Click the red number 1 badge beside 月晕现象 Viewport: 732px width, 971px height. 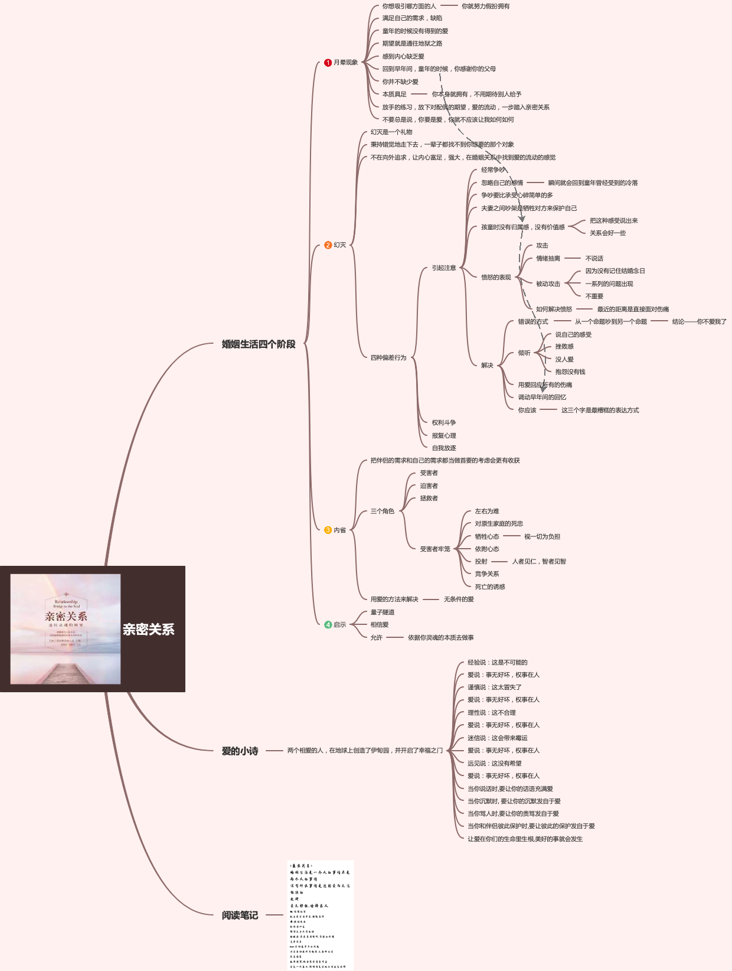pyautogui.click(x=328, y=63)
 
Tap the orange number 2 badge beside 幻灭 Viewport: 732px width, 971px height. pyautogui.click(x=328, y=245)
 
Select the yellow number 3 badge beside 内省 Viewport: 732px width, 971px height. pyautogui.click(x=328, y=530)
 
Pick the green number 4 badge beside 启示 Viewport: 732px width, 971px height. pyautogui.click(x=328, y=625)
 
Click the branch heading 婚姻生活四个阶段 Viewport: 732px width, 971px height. pyautogui.click(x=259, y=344)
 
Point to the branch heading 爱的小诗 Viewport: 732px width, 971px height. pyautogui.click(x=240, y=751)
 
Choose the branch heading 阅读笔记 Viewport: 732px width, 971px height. pyautogui.click(x=240, y=915)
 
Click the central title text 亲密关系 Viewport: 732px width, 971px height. pyautogui.click(x=148, y=630)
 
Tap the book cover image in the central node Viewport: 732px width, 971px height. pyautogui.click(x=66, y=629)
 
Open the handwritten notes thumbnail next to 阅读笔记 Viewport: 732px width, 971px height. pyautogui.click(x=321, y=915)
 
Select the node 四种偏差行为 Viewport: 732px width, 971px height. pyautogui.click(x=388, y=358)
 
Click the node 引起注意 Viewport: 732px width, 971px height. pyautogui.click(x=444, y=268)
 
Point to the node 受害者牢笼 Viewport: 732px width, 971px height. pyautogui.click(x=435, y=549)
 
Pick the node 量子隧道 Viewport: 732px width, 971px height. pyautogui.click(x=383, y=612)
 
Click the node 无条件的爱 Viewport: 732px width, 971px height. pyautogui.click(x=459, y=599)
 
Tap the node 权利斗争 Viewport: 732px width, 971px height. pyautogui.click(x=444, y=423)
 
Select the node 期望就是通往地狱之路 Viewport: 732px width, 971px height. pyautogui.click(x=412, y=44)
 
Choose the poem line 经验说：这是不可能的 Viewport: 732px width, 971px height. pyautogui.click(x=497, y=663)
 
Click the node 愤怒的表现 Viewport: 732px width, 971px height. pyautogui.click(x=496, y=278)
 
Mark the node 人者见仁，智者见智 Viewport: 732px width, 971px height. pyautogui.click(x=539, y=562)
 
